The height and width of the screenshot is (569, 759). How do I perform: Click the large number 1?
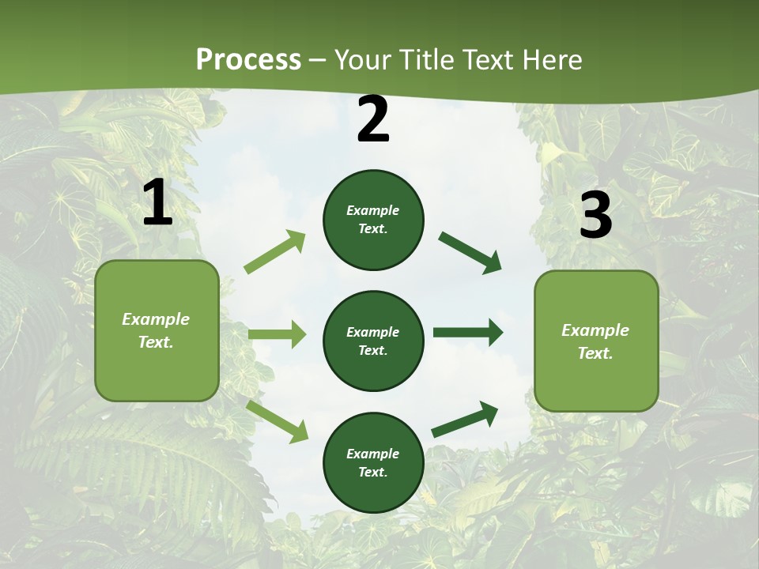(157, 203)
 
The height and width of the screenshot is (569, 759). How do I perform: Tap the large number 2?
(373, 120)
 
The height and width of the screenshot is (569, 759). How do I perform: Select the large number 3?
(595, 216)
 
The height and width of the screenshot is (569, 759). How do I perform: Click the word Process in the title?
(248, 59)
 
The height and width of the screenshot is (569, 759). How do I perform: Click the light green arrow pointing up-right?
(275, 252)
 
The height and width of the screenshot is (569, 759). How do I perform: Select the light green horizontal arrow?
(277, 334)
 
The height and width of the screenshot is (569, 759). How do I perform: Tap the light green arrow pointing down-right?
(277, 420)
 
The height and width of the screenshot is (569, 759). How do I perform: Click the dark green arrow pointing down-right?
(470, 253)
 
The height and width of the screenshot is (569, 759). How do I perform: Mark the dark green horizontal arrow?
(467, 333)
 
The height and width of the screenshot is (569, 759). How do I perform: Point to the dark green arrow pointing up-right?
(465, 419)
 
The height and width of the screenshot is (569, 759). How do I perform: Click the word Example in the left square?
(156, 319)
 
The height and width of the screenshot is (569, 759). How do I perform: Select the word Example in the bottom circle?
(372, 454)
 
